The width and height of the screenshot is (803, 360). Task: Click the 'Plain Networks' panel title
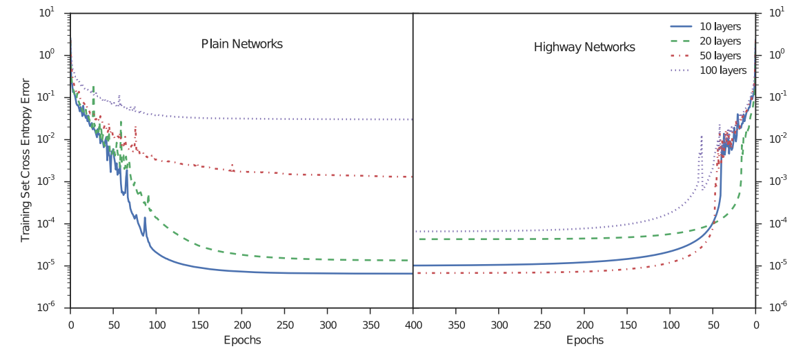click(241, 44)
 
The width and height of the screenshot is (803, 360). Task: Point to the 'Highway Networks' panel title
click(584, 48)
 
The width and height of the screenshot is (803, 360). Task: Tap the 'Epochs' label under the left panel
click(241, 341)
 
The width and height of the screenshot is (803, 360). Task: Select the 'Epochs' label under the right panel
click(584, 341)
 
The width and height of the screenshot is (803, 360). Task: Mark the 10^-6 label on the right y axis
click(774, 308)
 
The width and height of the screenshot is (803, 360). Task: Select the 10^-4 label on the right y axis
click(774, 224)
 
